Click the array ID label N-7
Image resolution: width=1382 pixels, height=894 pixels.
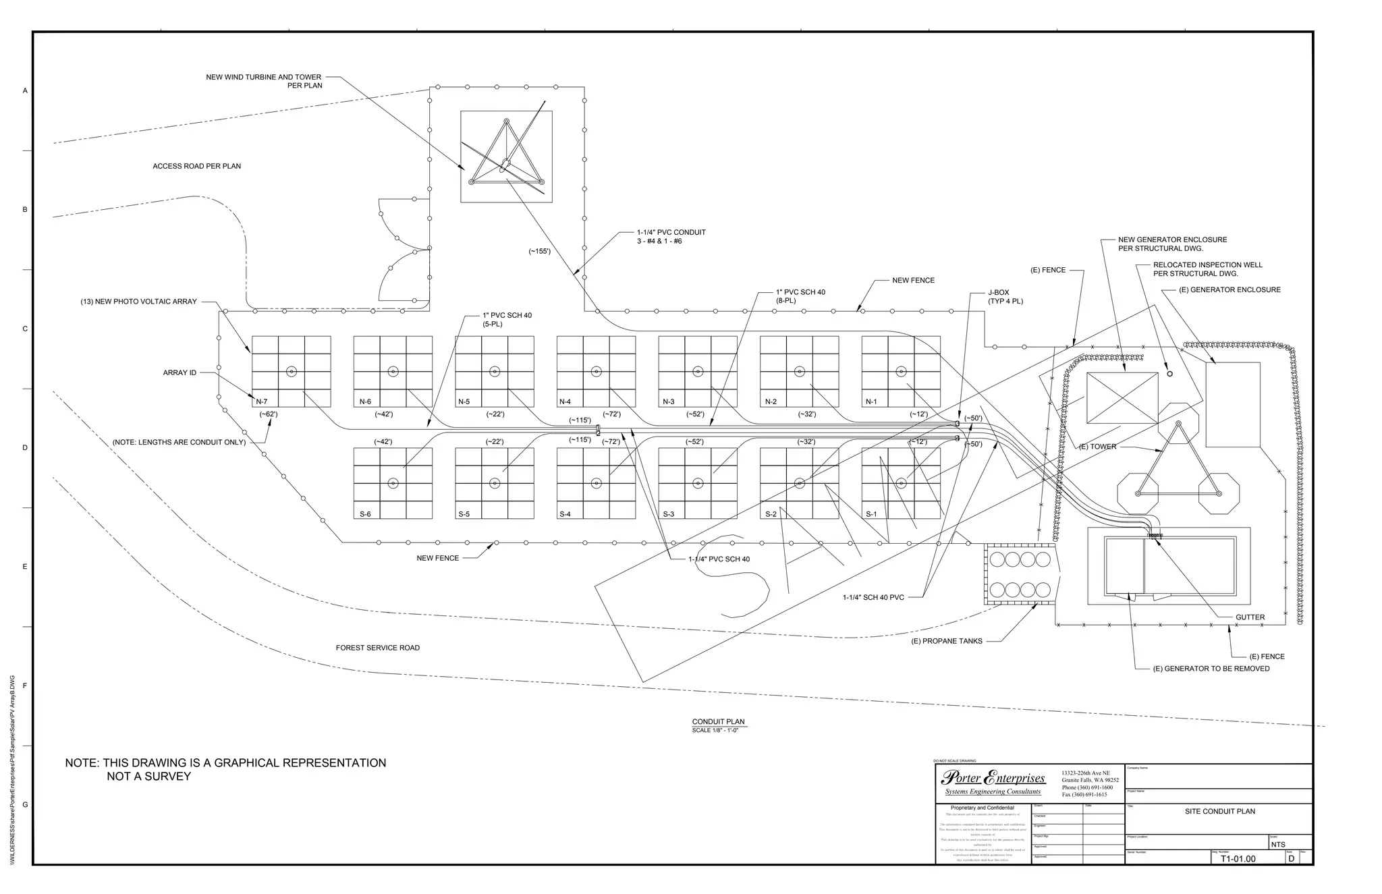262,401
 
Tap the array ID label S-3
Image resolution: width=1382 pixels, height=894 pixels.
668,514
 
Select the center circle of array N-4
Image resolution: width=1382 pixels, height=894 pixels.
596,371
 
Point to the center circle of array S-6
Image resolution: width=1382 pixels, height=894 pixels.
393,483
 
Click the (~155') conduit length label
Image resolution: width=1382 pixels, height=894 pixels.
539,252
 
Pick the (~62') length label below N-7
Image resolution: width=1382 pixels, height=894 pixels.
269,414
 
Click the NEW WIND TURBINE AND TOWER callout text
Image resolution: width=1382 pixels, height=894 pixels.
264,81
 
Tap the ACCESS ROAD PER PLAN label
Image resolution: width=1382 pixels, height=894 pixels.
196,166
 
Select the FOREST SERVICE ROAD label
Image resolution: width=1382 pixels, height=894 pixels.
378,648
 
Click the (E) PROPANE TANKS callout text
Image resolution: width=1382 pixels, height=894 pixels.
947,641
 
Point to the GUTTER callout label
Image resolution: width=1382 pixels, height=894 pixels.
1250,617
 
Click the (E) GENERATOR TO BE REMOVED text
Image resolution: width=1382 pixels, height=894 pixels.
1211,669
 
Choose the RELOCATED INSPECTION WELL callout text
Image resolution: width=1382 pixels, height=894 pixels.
1208,269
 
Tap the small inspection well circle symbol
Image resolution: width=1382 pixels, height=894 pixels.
1169,374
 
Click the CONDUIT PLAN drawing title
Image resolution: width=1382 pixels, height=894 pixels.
718,722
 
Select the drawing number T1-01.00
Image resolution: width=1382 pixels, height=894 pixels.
1238,859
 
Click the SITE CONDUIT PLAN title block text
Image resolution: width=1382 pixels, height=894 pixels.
1220,811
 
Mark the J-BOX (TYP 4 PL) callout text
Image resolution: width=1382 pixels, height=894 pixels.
1005,297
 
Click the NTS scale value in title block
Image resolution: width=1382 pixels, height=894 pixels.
1278,845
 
